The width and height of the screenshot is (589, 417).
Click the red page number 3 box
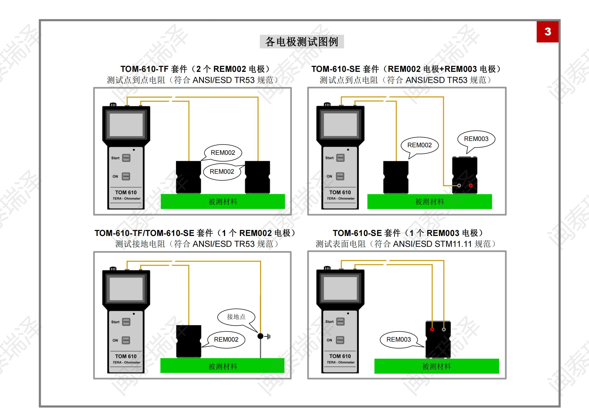point(547,32)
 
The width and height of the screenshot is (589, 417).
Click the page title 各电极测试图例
point(302,42)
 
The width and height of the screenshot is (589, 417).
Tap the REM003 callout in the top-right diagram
point(476,139)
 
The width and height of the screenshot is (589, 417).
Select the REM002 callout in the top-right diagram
point(420,145)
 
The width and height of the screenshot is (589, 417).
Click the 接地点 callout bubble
point(236,317)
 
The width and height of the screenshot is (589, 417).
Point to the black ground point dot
point(260,336)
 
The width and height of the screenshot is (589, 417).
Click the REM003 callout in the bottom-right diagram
point(398,339)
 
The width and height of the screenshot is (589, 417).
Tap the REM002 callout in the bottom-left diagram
point(226,339)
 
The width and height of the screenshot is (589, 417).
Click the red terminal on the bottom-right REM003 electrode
point(432,330)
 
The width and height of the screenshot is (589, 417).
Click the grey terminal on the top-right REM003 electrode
point(459,185)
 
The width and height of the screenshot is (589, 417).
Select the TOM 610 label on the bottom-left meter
point(126,356)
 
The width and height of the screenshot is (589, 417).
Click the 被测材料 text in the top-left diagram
point(223,202)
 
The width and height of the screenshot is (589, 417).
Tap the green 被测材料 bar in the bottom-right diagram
point(436,366)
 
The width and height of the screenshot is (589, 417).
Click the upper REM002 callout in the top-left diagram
point(223,153)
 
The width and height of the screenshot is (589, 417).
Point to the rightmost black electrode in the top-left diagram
point(257,177)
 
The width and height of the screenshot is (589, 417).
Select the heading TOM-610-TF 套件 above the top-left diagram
point(154,69)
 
